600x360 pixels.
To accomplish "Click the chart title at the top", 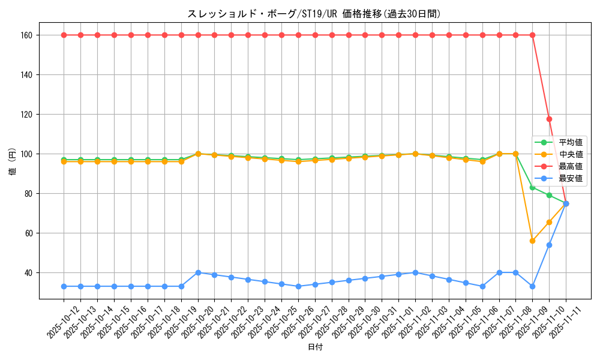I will [314, 14].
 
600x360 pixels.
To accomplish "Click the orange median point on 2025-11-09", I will [532, 241].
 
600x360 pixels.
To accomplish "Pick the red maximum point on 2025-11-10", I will [549, 119].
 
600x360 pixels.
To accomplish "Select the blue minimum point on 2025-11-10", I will [549, 245].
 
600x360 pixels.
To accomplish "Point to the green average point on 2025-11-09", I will [532, 187].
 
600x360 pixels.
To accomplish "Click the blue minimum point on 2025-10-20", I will [198, 272].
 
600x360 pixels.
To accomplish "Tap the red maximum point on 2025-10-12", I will [64, 35].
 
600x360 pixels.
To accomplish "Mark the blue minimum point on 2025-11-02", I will [415, 272].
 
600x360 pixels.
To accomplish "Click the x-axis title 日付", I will [315, 347].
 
